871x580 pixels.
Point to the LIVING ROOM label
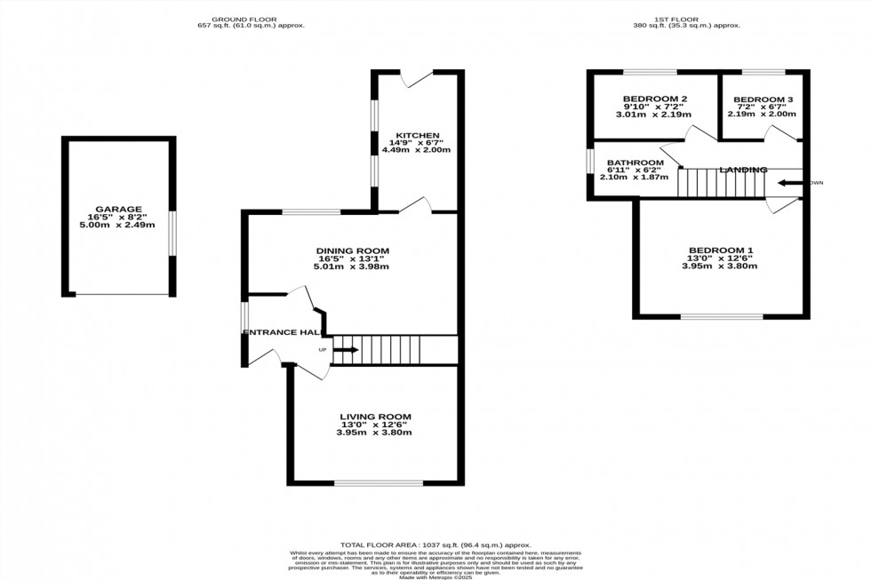(375, 417)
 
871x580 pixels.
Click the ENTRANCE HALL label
(282, 332)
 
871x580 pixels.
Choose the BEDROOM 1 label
(719, 250)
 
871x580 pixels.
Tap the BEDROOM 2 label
(654, 99)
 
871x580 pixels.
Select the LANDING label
(743, 169)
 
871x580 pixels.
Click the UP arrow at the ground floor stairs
(345, 350)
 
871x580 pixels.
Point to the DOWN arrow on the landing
(787, 184)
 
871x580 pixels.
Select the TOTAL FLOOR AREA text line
(435, 544)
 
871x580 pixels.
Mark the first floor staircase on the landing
(721, 184)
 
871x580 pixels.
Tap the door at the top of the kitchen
(417, 78)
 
